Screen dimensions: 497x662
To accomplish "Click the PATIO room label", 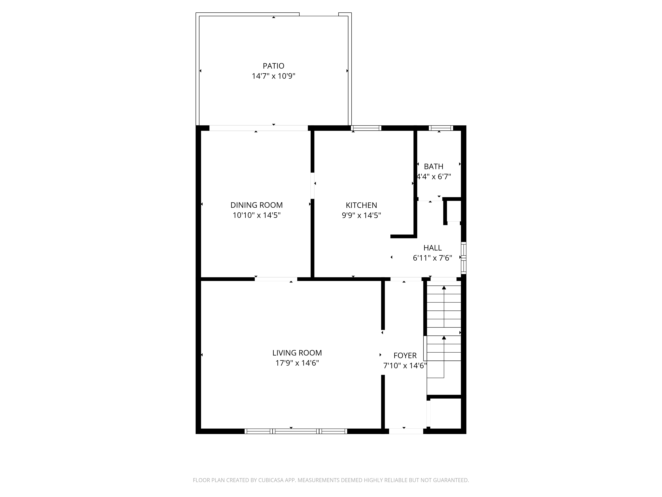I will coord(273,66).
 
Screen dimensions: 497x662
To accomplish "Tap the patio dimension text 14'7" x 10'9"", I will coord(273,76).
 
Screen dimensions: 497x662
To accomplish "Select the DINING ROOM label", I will coord(257,205).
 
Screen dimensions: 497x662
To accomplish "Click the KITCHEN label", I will coord(361,205).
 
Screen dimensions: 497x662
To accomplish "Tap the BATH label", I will coord(433,166).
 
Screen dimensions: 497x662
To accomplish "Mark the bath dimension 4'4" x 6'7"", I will coord(434,177).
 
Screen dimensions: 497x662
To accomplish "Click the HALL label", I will coord(432,248).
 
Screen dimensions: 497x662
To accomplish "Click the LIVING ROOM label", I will coord(297,353).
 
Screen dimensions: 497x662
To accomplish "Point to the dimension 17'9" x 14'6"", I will coord(297,363).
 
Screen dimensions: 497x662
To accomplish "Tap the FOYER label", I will coord(405,356).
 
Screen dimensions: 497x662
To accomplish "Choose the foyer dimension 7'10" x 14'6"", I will coord(405,366).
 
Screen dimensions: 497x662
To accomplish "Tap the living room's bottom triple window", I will coord(296,431).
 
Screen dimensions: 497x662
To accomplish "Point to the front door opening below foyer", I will coord(406,431).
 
